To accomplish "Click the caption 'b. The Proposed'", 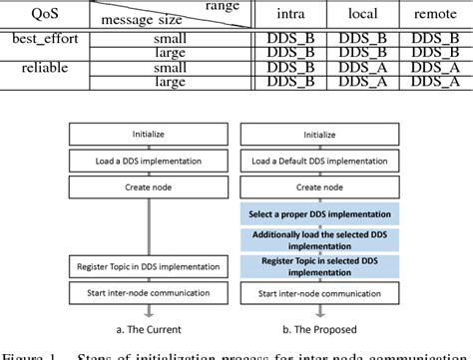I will point(317,329).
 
